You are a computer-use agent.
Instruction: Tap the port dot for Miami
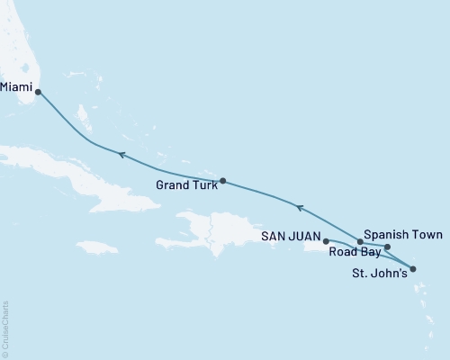(x=38, y=91)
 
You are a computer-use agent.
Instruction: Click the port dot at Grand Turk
(x=222, y=180)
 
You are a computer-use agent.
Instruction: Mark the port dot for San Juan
(x=326, y=241)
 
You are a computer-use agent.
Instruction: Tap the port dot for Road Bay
(x=360, y=242)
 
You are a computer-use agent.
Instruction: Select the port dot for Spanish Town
(x=387, y=247)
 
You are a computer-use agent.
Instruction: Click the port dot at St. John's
(x=413, y=268)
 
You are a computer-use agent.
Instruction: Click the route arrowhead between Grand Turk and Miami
(x=119, y=155)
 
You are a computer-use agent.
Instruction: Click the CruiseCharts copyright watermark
(x=5, y=328)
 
